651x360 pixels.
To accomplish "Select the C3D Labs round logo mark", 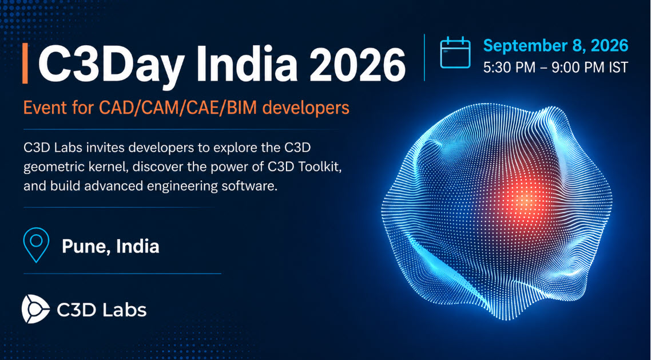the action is point(35,309).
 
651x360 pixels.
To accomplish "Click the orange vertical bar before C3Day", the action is point(25,63).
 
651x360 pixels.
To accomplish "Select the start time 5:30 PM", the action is point(510,68).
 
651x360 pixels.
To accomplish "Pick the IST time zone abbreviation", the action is point(618,68).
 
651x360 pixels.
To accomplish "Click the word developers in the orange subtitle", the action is point(305,108).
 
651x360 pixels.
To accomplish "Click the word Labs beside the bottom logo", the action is point(124,310).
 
